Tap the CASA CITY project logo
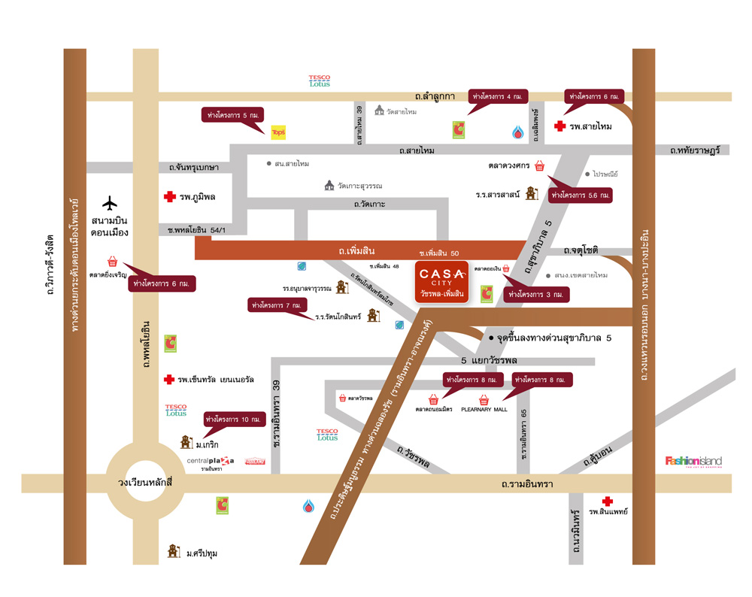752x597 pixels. click(x=442, y=280)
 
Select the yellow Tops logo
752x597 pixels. click(x=277, y=132)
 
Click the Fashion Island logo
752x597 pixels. click(x=693, y=461)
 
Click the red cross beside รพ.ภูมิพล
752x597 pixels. click(x=169, y=197)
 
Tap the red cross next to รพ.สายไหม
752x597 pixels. click(x=559, y=126)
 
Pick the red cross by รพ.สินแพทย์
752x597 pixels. click(x=607, y=502)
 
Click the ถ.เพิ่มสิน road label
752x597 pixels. click(x=356, y=250)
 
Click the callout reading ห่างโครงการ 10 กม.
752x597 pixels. click(x=235, y=419)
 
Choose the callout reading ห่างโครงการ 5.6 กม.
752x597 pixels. click(x=581, y=194)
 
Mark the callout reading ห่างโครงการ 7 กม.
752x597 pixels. click(x=277, y=305)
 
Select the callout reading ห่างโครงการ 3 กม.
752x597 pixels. click(x=536, y=295)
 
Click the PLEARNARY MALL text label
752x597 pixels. click(x=484, y=410)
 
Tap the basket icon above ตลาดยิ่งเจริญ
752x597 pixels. click(x=112, y=262)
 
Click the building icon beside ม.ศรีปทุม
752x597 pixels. click(x=174, y=551)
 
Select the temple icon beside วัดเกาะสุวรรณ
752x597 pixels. click(x=329, y=185)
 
